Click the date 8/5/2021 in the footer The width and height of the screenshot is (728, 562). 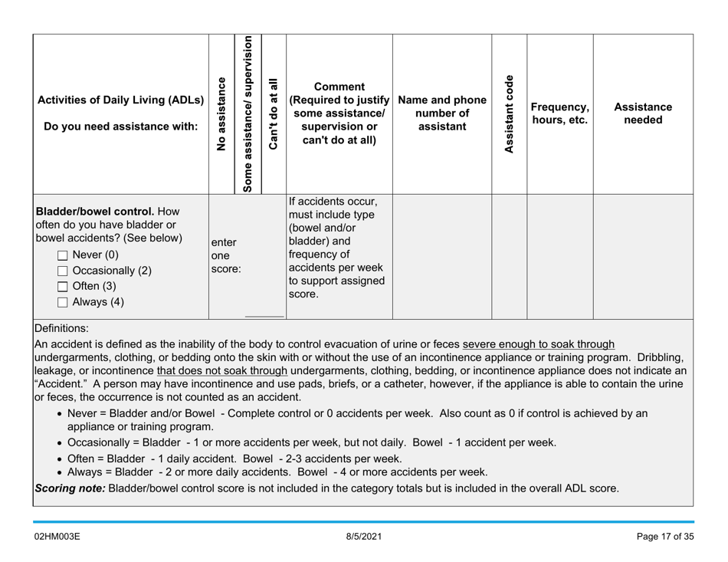363,534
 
